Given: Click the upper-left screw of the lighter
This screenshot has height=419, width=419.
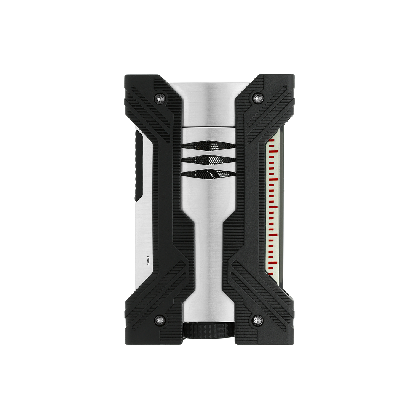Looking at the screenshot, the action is pyautogui.click(x=160, y=98).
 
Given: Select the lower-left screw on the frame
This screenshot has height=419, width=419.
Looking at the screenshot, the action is pyautogui.click(x=160, y=319).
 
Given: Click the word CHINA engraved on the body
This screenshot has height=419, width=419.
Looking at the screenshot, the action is pyautogui.click(x=148, y=260).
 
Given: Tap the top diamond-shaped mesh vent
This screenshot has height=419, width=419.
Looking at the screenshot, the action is pyautogui.click(x=209, y=146).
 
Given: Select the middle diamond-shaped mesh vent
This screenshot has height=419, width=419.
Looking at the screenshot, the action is pyautogui.click(x=209, y=160).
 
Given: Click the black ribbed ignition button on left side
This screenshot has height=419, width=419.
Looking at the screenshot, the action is pyautogui.click(x=138, y=165).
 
